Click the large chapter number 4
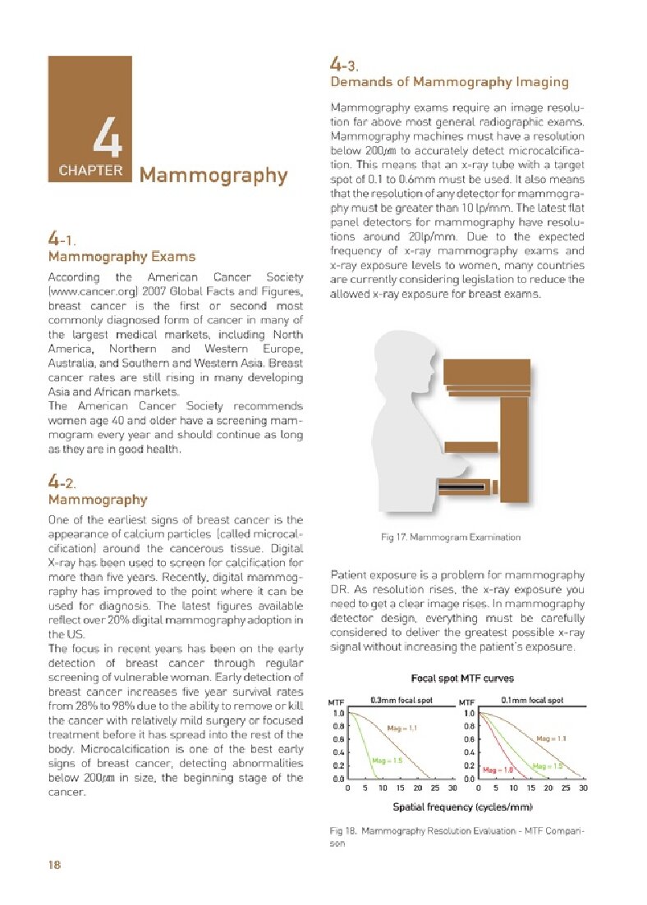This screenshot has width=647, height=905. coord(108,139)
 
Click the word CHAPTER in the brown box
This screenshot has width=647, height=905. coord(90,171)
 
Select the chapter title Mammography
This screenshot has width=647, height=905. coord(213,176)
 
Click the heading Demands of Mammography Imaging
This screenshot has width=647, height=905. coord(449,82)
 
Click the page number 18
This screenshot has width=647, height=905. coord(55,864)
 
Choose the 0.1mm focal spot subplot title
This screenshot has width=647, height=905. coord(531,701)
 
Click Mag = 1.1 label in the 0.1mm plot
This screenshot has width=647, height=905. coord(552,738)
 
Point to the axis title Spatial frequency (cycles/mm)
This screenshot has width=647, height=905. coord(463,808)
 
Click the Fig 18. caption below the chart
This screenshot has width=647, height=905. coord(457,836)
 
